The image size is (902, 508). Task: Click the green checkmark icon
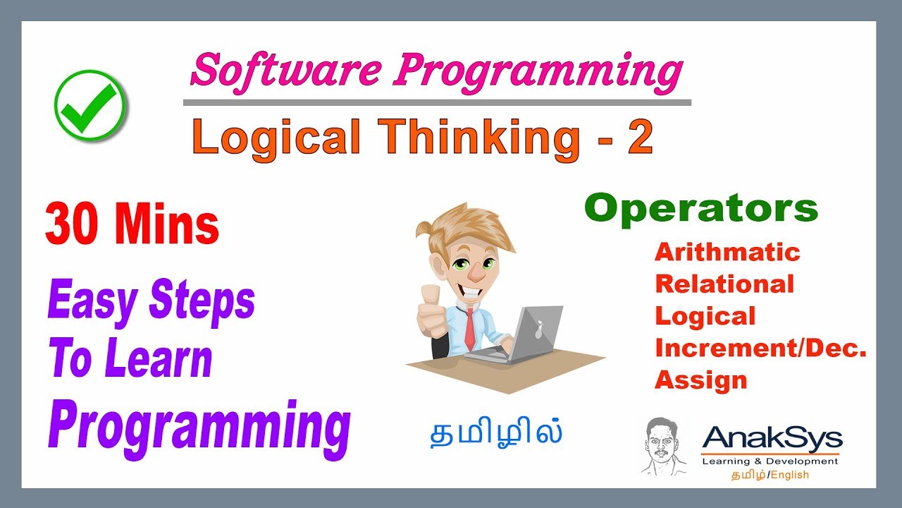point(89,105)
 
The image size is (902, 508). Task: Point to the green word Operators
point(701,208)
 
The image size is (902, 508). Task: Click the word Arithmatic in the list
point(727,252)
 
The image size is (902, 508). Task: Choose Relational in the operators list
point(724,284)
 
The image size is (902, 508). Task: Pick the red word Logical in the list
point(705,316)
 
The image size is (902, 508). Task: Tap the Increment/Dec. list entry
point(760,348)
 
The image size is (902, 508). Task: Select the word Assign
point(700,380)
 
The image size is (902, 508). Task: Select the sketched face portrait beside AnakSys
point(663,447)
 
